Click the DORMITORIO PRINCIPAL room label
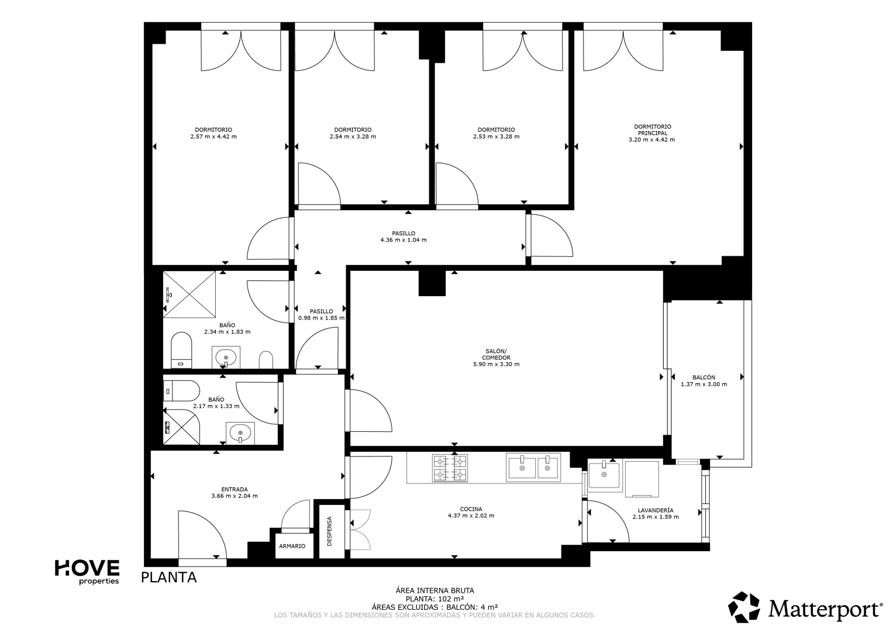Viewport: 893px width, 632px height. point(652,130)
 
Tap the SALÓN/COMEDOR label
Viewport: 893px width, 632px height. point(497,354)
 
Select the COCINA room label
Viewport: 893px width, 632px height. point(471,509)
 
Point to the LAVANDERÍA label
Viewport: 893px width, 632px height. point(656,510)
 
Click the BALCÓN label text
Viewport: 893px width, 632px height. point(704,377)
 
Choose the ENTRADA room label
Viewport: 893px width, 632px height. point(235,489)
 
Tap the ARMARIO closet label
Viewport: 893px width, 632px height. point(292,546)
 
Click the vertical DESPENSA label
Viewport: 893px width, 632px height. point(329,531)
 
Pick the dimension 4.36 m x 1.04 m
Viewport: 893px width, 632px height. point(404,240)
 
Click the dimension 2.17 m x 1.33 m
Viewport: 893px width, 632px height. point(216,406)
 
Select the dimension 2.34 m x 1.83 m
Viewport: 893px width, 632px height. point(227,332)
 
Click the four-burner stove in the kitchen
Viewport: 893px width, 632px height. point(450,468)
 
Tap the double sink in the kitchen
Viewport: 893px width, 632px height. point(533,467)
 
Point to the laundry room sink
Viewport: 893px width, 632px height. point(604,475)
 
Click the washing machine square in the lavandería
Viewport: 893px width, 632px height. point(642,479)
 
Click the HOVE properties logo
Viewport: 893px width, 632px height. point(87,572)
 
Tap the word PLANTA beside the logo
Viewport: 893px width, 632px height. point(169,578)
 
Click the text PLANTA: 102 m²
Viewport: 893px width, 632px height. point(435,599)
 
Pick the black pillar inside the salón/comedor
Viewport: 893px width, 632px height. point(432,283)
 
